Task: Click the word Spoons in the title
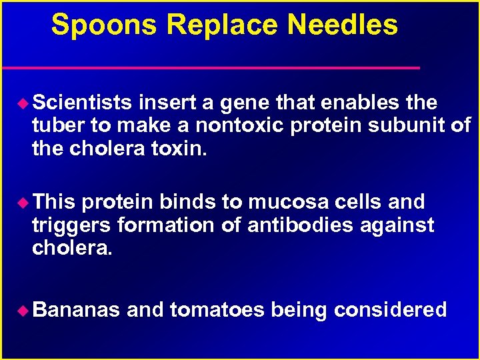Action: pos(105,25)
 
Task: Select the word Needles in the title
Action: pos(343,25)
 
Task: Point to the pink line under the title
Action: pos(210,68)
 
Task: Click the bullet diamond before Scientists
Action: pos(25,103)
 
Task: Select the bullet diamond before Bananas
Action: pos(25,310)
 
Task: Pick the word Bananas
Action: pos(76,310)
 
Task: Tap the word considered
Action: pos(390,310)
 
